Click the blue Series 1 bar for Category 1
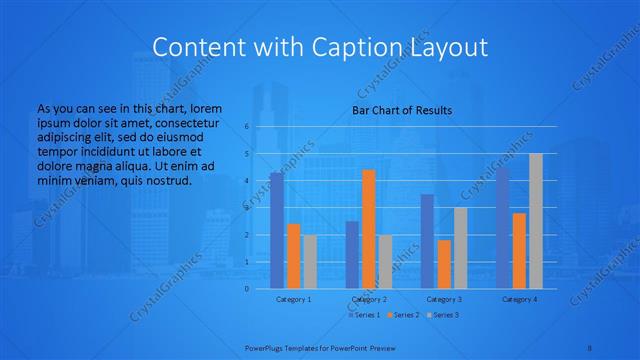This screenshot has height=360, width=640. pyautogui.click(x=276, y=230)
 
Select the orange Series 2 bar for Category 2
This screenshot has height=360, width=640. pyautogui.click(x=369, y=229)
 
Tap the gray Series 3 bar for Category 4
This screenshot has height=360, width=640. pyautogui.click(x=536, y=221)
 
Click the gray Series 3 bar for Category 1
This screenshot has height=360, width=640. pyautogui.click(x=310, y=261)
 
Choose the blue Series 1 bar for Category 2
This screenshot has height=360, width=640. pyautogui.click(x=352, y=254)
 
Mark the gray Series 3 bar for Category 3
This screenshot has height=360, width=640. pyautogui.click(x=460, y=248)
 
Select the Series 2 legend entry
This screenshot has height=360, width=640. pyautogui.click(x=403, y=315)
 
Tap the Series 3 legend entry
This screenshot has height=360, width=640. pyautogui.click(x=444, y=315)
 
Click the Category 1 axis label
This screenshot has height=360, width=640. pyautogui.click(x=293, y=299)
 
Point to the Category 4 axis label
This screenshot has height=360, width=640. pyautogui.click(x=519, y=299)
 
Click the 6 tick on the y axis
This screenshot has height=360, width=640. pyautogui.click(x=246, y=127)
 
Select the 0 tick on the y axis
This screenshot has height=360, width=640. pyautogui.click(x=246, y=288)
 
